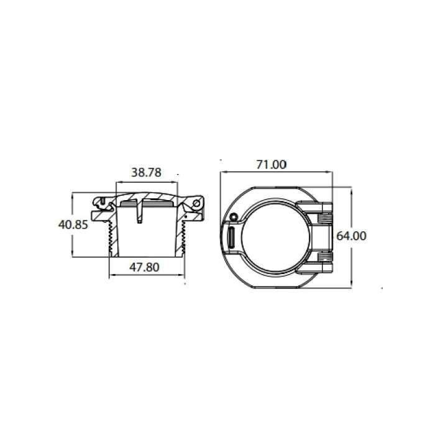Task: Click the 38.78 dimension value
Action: tap(146, 173)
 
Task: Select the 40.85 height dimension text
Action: tap(73, 225)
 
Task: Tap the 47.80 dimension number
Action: tap(145, 267)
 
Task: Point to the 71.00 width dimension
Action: tap(272, 165)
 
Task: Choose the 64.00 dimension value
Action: tap(351, 236)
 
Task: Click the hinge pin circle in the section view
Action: tap(197, 203)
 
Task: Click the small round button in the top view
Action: tap(234, 217)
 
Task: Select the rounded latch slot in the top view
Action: tap(231, 237)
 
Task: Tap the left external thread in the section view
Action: tap(111, 238)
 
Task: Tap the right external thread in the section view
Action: tap(183, 238)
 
